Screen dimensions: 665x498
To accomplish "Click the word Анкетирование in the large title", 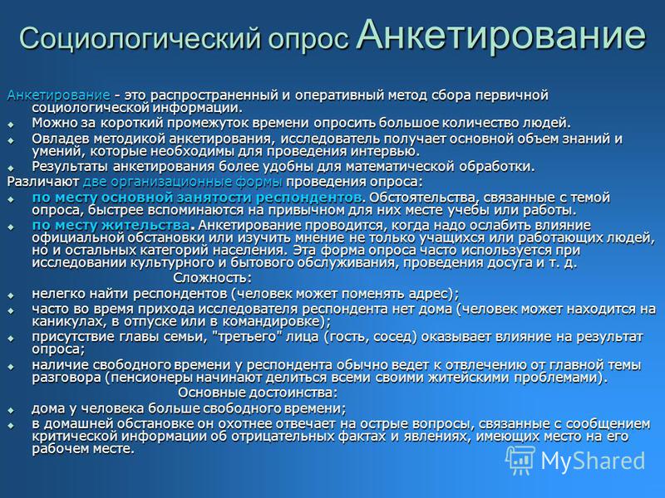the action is click(x=501, y=35).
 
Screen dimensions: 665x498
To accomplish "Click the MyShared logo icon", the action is click(x=520, y=460).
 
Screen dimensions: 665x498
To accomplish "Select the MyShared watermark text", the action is click(x=593, y=461).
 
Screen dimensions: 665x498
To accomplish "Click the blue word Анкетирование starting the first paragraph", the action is click(x=58, y=95).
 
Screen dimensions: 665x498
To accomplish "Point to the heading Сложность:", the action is click(x=213, y=278).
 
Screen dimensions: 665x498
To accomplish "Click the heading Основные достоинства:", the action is click(x=258, y=393).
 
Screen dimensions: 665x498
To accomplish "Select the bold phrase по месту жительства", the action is click(x=111, y=225).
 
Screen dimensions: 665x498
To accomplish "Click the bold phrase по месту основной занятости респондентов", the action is click(x=197, y=198).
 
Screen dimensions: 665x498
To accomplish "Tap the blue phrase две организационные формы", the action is click(x=182, y=182).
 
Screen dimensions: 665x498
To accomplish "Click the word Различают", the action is click(x=43, y=182).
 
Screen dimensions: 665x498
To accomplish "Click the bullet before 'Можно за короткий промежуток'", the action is click(x=11, y=125).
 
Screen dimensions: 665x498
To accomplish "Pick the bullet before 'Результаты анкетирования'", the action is click(x=11, y=168).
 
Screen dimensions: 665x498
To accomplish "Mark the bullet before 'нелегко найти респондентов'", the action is click(x=11, y=295).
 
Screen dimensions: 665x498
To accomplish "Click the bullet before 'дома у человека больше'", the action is click(x=11, y=410).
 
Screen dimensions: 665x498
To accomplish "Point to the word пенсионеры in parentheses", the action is click(x=150, y=378).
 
